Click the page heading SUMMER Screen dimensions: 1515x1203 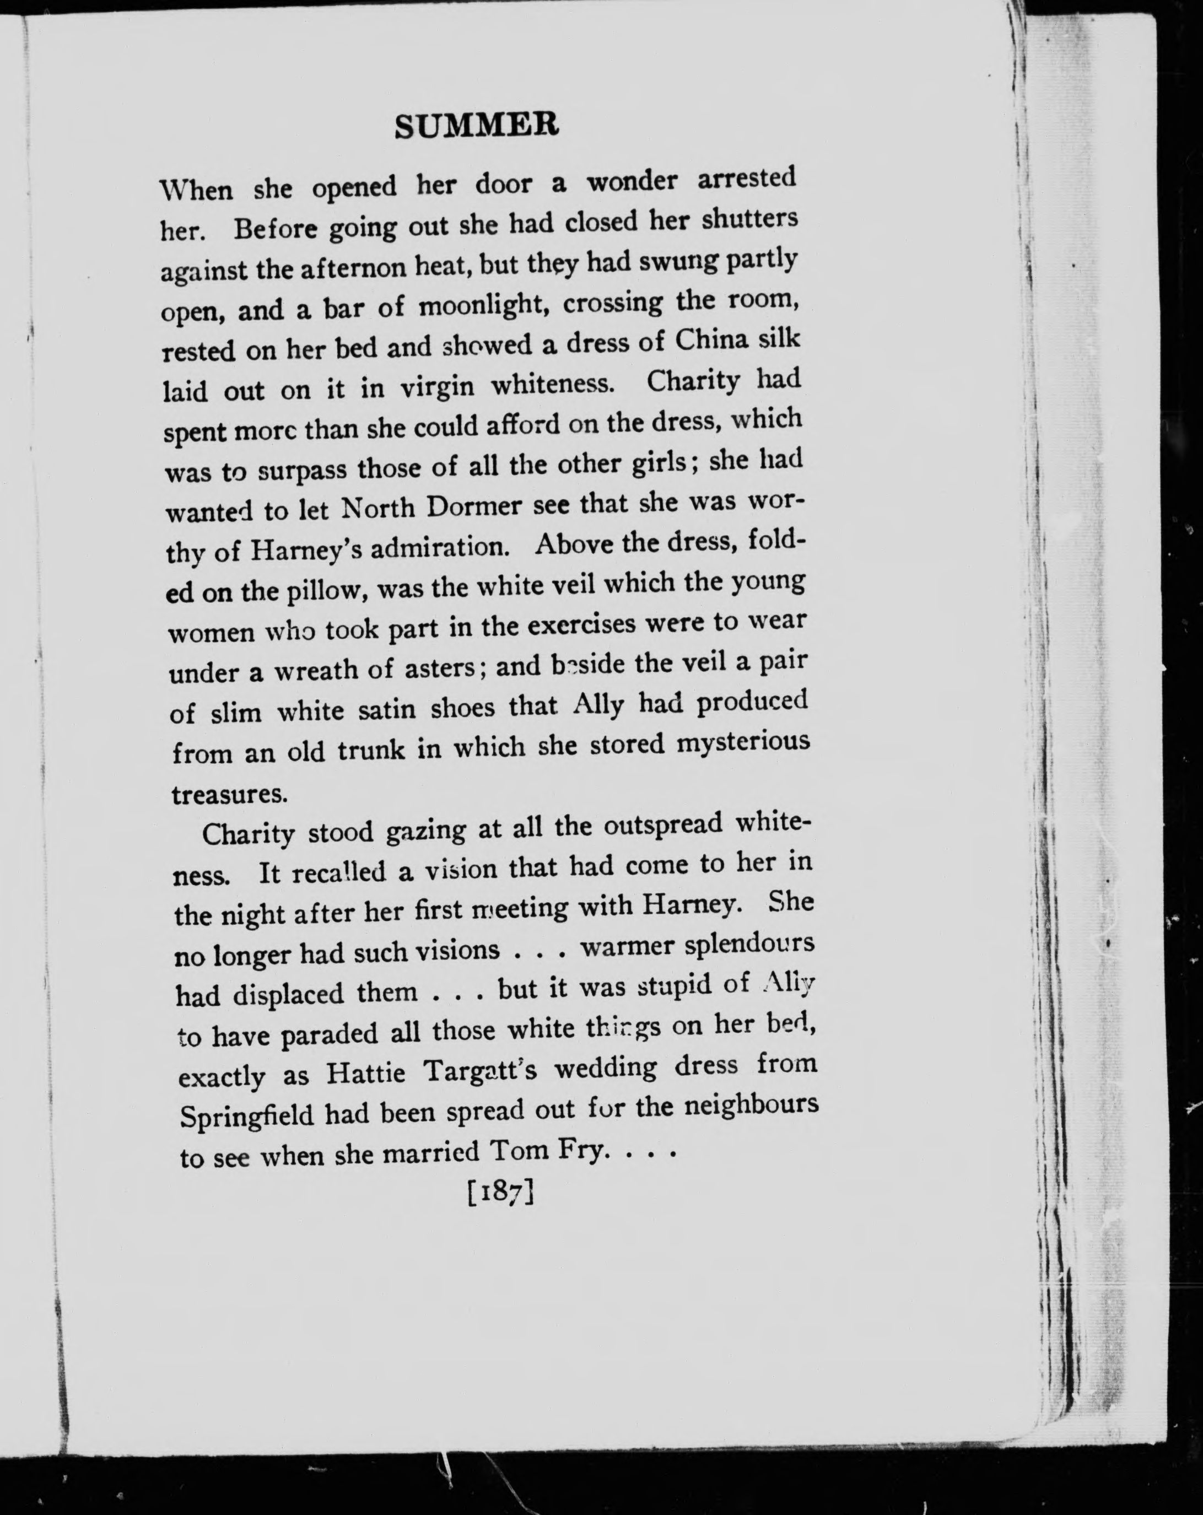click(477, 126)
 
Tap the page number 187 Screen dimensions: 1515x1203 click(501, 1193)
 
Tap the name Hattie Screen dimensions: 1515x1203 click(365, 1073)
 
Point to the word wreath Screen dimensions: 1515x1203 click(316, 670)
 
